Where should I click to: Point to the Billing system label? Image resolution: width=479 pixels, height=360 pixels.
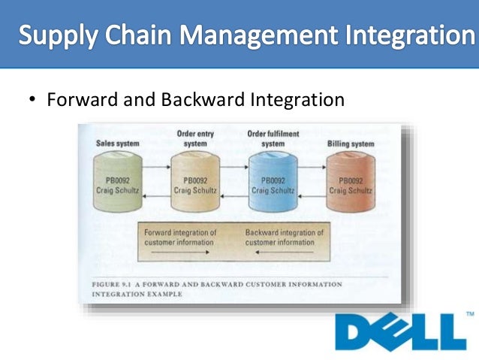click(x=351, y=142)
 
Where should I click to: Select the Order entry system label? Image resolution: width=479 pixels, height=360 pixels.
click(x=195, y=138)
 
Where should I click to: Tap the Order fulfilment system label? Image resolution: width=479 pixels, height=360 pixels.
click(x=272, y=138)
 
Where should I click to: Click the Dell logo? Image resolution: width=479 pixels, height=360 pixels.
click(x=395, y=331)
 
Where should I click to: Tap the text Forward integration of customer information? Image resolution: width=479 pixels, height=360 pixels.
click(x=180, y=237)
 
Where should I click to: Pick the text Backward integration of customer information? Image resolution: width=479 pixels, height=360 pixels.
click(x=284, y=237)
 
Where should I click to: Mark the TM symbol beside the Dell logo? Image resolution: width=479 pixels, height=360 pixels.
click(x=470, y=313)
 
